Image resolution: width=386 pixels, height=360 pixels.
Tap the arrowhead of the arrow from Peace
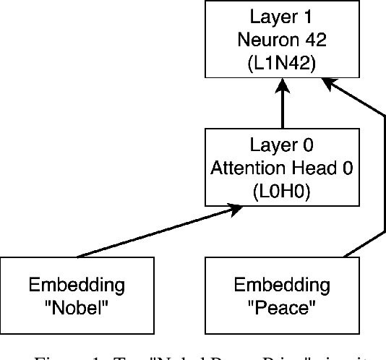tap(328, 84)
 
